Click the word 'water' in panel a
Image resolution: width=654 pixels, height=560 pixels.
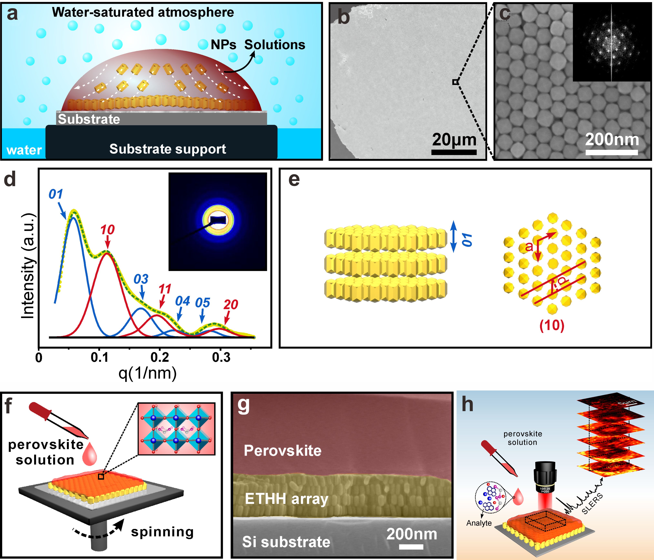pyautogui.click(x=24, y=150)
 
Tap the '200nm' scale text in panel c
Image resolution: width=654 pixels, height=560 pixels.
pyautogui.click(x=612, y=140)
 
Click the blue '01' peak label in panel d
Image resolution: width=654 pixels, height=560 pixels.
pyautogui.click(x=55, y=194)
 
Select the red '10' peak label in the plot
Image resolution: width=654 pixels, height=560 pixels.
pyautogui.click(x=107, y=230)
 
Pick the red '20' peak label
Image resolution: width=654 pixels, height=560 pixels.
pyautogui.click(x=231, y=305)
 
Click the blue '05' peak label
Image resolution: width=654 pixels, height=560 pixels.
pyautogui.click(x=202, y=303)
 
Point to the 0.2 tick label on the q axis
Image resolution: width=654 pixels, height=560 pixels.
pyautogui.click(x=160, y=357)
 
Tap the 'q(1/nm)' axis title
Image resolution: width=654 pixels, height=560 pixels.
pyautogui.click(x=147, y=373)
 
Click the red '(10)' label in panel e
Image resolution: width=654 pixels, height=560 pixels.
pyautogui.click(x=552, y=325)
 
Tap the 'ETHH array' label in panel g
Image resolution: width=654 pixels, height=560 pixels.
pyautogui.click(x=287, y=499)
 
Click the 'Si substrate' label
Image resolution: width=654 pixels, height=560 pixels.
pyautogui.click(x=286, y=542)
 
